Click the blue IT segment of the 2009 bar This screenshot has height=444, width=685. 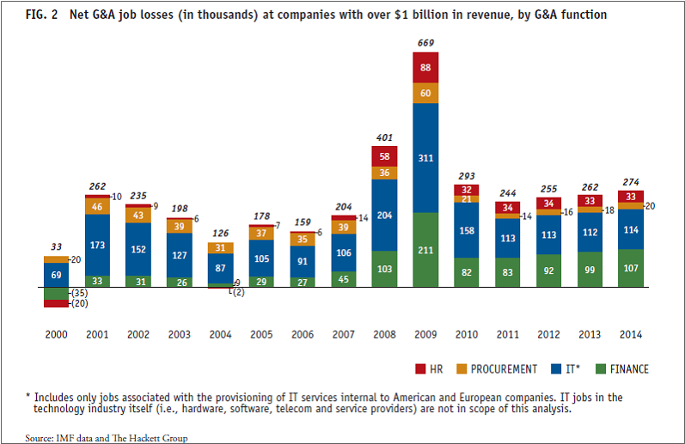pos(425,158)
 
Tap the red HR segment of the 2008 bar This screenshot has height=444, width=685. pos(384,155)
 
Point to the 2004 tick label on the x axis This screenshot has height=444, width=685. pos(221,334)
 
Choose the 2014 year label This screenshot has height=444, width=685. pos(630,334)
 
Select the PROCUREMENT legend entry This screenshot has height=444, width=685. pos(499,369)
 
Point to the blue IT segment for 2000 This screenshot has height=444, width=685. pos(58,274)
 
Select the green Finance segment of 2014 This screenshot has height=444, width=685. pos(630,267)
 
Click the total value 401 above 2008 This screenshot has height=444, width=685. pos(384,137)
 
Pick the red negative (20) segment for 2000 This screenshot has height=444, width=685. pos(58,303)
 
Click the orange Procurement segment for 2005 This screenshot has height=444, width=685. pos(262,233)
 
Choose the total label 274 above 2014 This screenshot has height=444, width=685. pos(630,182)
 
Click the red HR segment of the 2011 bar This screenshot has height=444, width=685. pos(507,207)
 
